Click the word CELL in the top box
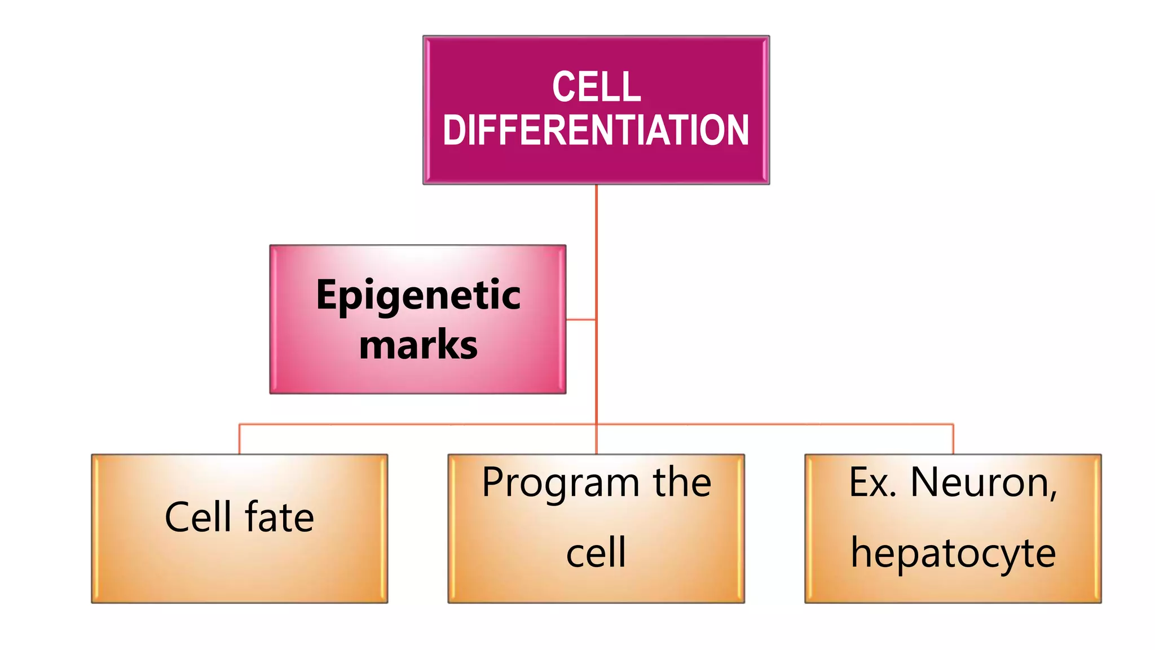[596, 87]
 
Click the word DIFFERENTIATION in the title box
[596, 130]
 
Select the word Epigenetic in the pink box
[418, 295]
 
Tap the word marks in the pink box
[418, 344]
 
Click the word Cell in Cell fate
[198, 517]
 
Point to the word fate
[279, 517]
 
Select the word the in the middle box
[682, 483]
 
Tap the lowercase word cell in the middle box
[596, 552]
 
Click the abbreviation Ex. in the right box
[872, 483]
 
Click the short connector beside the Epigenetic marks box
[581, 319]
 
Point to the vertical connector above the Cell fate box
[239, 439]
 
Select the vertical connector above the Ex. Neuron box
[953, 439]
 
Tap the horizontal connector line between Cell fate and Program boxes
[417, 424]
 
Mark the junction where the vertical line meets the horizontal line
[596, 424]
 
